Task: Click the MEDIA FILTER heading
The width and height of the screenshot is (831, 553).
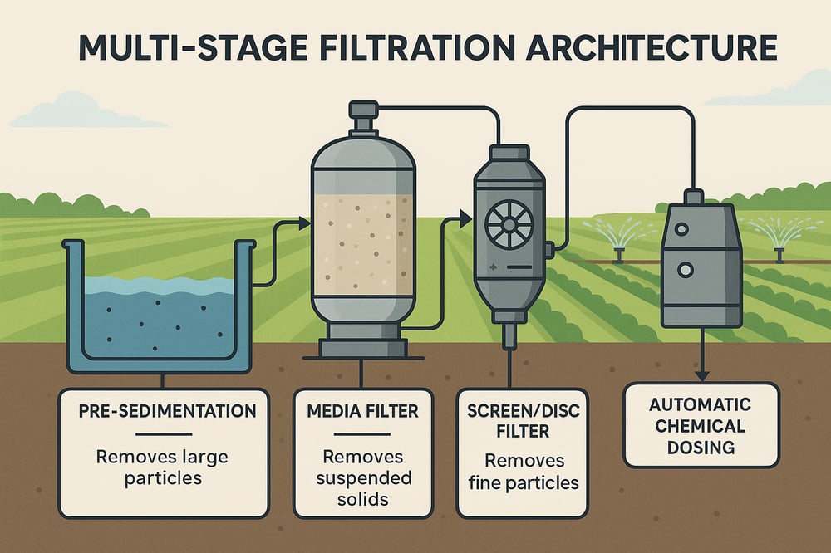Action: (x=362, y=411)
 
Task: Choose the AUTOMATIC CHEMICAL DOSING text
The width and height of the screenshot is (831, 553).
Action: (x=701, y=426)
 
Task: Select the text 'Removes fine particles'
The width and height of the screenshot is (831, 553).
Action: (x=524, y=472)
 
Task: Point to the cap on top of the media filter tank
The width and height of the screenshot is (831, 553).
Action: (x=362, y=110)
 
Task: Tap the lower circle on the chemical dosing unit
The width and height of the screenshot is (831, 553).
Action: (x=686, y=271)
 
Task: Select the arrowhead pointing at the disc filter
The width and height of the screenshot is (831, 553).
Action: (x=465, y=219)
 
